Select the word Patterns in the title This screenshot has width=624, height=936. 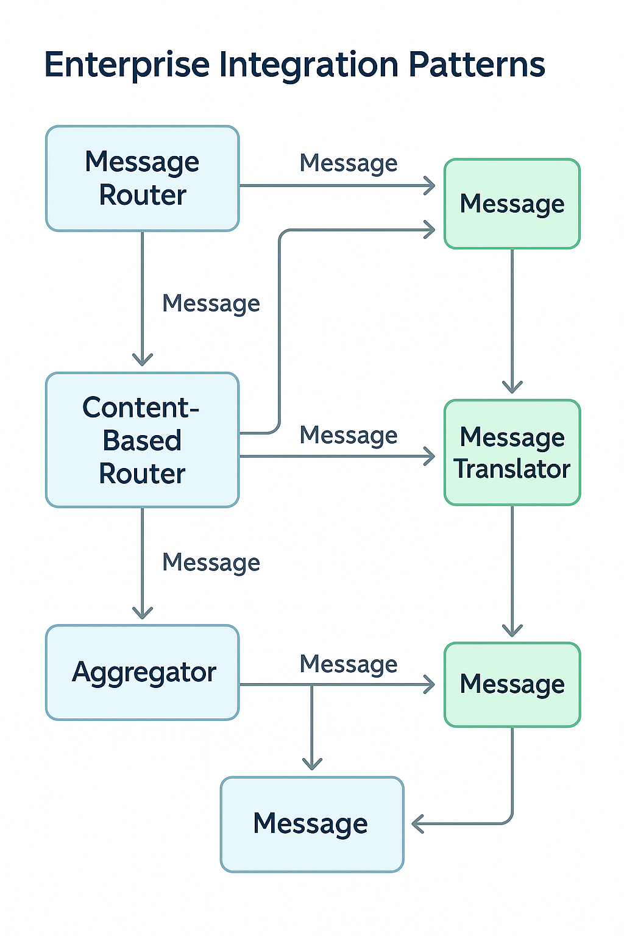[x=477, y=65]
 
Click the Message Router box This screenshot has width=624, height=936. [x=142, y=179]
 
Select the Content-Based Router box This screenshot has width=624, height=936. [x=142, y=440]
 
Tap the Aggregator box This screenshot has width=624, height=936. [x=142, y=673]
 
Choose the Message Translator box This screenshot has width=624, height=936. [x=512, y=453]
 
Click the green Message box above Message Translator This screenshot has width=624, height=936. [x=512, y=204]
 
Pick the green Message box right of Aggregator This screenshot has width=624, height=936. [x=512, y=684]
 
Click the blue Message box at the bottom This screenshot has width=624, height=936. [x=311, y=824]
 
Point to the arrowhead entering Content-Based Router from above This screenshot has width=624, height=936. [x=143, y=360]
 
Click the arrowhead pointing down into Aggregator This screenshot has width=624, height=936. [x=143, y=613]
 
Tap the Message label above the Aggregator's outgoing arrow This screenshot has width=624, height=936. [x=349, y=664]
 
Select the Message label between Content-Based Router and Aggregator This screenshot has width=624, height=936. [x=211, y=562]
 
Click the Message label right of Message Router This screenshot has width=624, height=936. [x=349, y=163]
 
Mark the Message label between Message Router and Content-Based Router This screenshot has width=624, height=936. [x=211, y=303]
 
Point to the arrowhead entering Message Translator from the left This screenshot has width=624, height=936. [x=430, y=456]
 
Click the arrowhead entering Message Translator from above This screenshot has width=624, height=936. [x=512, y=387]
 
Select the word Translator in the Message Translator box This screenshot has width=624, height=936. [x=512, y=469]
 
